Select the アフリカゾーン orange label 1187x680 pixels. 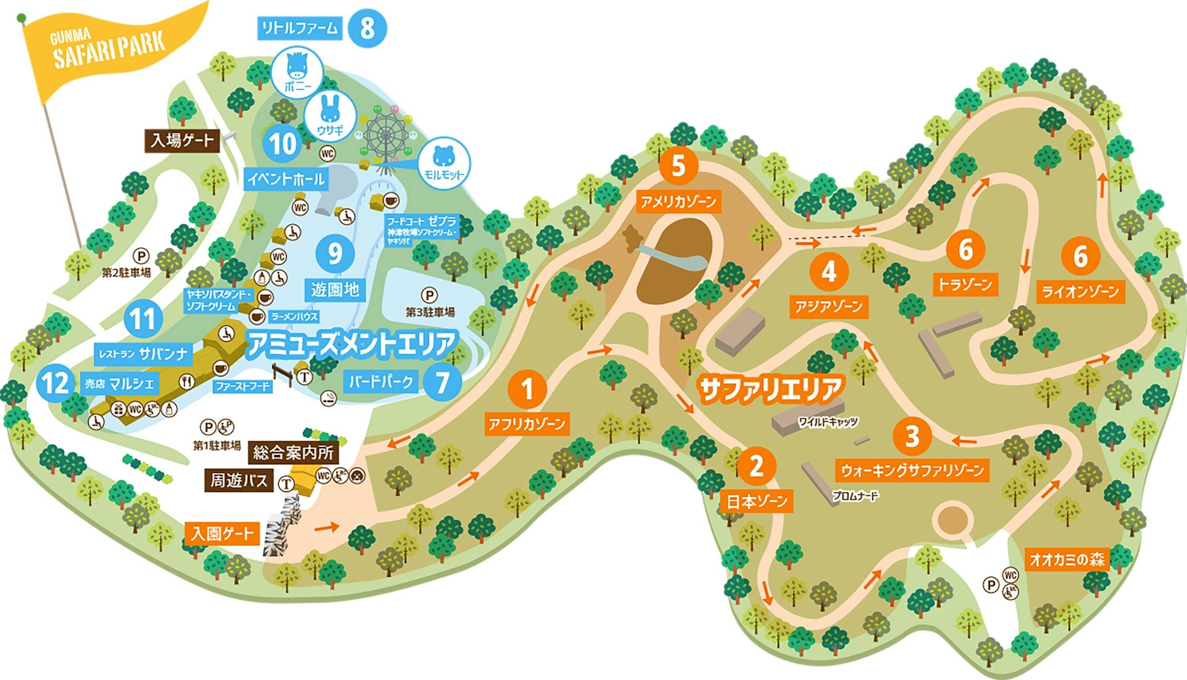click(x=527, y=424)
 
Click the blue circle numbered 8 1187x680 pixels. click(x=367, y=28)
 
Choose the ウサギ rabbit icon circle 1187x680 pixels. click(x=330, y=116)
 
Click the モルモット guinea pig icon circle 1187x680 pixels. click(x=444, y=163)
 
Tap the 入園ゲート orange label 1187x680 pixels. click(x=222, y=533)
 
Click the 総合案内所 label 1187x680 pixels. click(x=293, y=452)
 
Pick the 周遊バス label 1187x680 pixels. click(x=239, y=481)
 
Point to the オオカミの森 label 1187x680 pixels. click(x=1067, y=559)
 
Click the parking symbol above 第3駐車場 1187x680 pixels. click(x=429, y=295)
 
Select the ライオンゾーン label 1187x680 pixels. click(x=1081, y=292)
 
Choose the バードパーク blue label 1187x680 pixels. click(x=381, y=382)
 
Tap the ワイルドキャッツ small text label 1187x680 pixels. click(x=828, y=422)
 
